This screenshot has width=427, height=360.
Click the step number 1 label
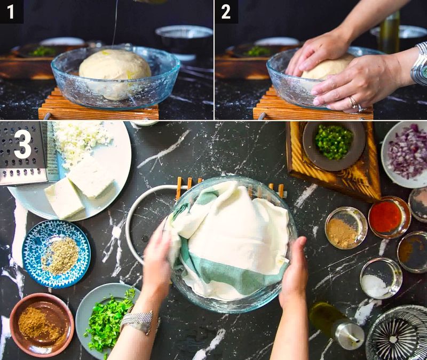click(x=11, y=11)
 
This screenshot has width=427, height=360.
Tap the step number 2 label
click(x=226, y=11)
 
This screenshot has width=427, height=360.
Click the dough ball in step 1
click(x=115, y=72)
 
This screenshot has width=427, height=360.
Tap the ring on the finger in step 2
click(x=353, y=102)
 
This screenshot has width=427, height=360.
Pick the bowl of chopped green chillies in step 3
click(x=334, y=142)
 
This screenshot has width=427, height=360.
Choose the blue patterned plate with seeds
click(x=56, y=254)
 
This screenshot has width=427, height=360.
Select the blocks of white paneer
click(x=80, y=187)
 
